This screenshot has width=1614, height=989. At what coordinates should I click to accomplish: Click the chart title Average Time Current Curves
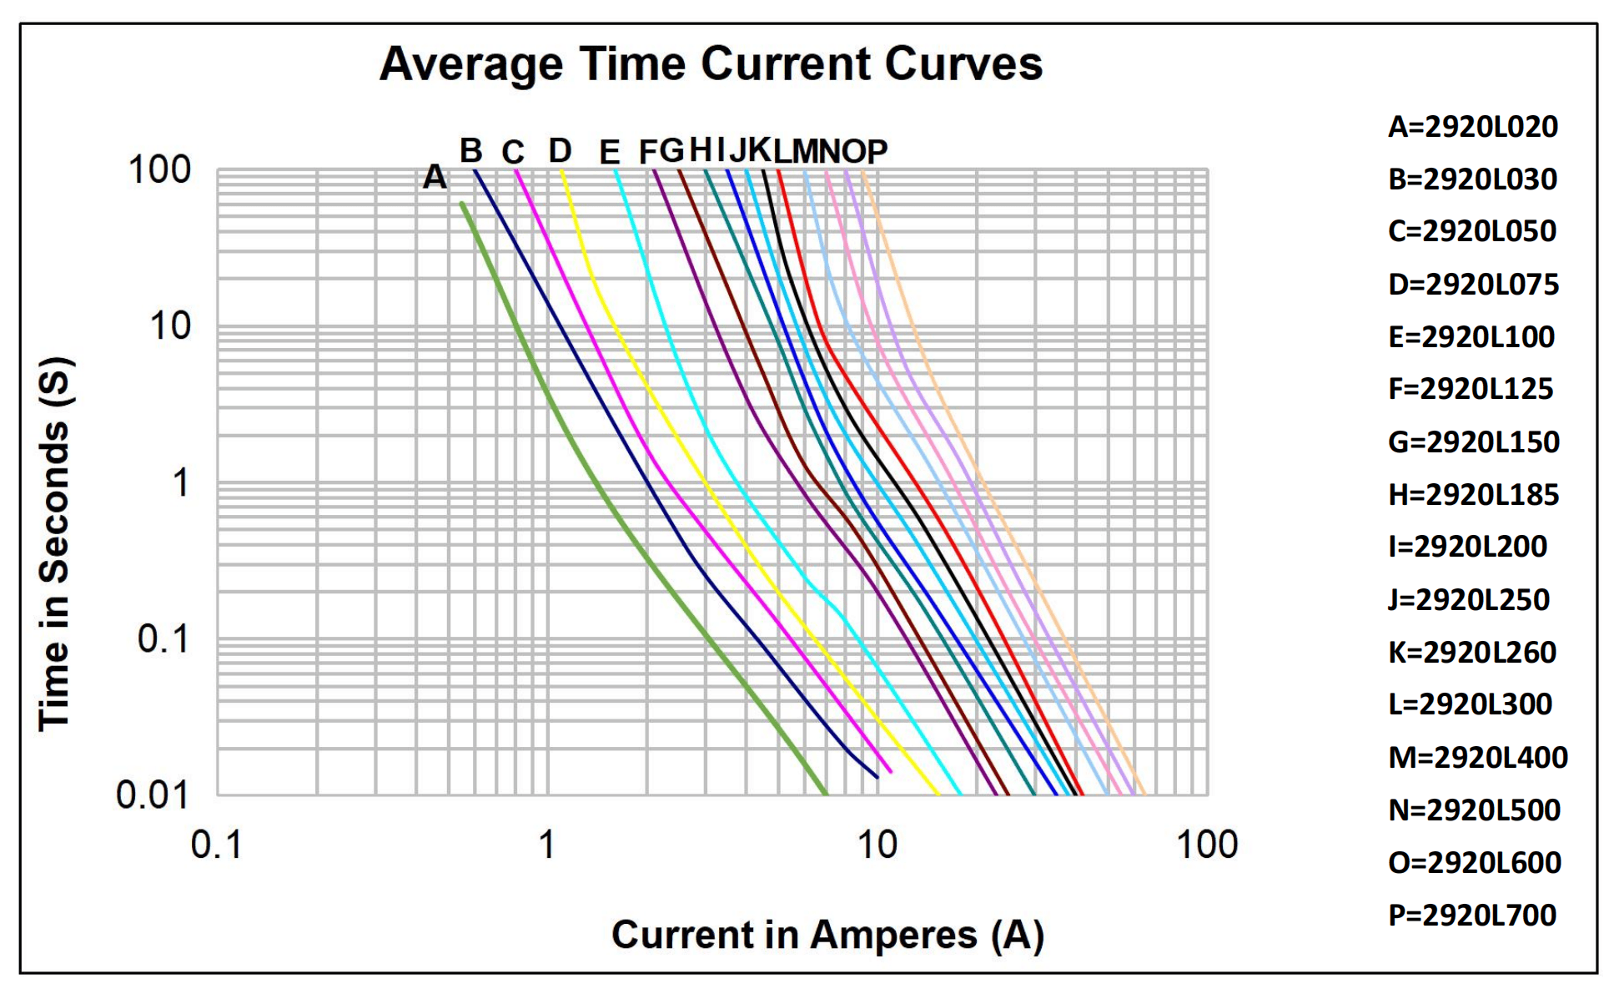(x=711, y=63)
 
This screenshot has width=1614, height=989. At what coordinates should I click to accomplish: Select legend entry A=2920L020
(x=1472, y=127)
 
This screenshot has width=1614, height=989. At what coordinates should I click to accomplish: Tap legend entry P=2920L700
(x=1471, y=915)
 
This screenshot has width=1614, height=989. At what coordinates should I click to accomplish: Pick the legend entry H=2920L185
(x=1473, y=495)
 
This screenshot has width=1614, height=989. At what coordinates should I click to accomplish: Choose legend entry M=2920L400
(x=1477, y=757)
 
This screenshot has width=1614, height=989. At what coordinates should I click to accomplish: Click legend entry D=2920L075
(x=1473, y=285)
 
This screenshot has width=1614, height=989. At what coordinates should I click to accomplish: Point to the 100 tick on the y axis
(x=159, y=170)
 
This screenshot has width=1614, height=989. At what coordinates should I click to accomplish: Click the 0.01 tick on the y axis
(x=153, y=795)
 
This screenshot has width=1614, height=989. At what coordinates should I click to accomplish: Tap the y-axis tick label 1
(x=180, y=483)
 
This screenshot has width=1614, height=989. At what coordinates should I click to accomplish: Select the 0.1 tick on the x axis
(x=216, y=845)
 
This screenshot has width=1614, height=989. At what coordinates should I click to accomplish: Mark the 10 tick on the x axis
(x=877, y=845)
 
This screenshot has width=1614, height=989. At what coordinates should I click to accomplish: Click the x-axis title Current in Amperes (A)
(x=827, y=935)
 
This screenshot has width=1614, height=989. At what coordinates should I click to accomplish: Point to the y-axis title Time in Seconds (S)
(x=56, y=544)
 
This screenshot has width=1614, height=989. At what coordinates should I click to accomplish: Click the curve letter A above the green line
(x=435, y=177)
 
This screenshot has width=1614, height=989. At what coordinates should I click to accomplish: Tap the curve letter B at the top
(x=470, y=151)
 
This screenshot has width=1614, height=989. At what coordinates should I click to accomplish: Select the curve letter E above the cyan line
(x=610, y=153)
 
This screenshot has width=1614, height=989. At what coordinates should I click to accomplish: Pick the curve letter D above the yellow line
(x=560, y=151)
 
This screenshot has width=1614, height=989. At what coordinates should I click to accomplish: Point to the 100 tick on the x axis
(x=1206, y=845)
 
